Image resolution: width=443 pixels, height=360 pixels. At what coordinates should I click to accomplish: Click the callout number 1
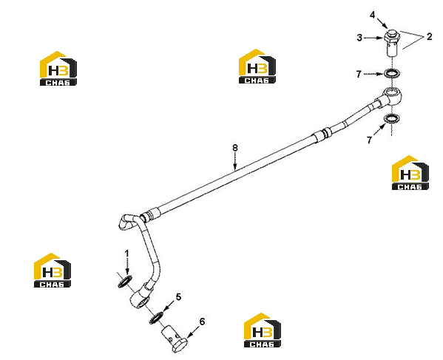[127, 254]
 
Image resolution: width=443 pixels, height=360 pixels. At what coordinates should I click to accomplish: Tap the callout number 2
[429, 36]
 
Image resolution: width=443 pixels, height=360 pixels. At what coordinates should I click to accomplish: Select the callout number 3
[359, 38]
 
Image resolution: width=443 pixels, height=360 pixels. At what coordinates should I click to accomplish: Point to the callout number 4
[372, 15]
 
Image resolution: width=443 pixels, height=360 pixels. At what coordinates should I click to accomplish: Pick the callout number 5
[178, 297]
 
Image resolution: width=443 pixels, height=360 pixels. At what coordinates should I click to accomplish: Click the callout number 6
[202, 322]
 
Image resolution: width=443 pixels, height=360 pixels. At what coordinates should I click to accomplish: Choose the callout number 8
[234, 148]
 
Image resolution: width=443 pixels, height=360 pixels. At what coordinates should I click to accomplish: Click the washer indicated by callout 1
[124, 282]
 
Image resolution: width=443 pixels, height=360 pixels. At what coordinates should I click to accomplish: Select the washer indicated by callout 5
[156, 318]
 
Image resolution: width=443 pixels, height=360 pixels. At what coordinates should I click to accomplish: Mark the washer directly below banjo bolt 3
[391, 74]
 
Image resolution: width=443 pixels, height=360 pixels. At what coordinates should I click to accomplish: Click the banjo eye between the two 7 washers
[393, 96]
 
